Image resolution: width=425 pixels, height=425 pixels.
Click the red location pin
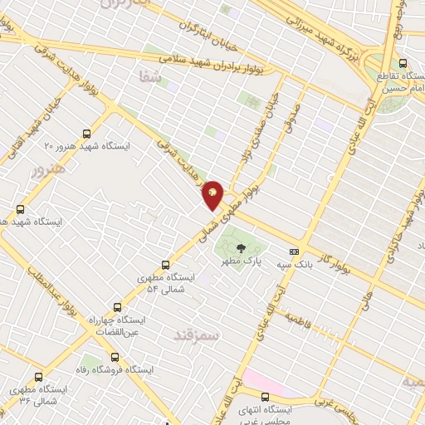(x=213, y=195)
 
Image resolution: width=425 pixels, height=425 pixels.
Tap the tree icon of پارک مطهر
(x=240, y=247)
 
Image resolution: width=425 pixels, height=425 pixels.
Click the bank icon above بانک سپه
(x=293, y=252)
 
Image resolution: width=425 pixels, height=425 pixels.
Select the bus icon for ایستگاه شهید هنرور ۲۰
(x=87, y=133)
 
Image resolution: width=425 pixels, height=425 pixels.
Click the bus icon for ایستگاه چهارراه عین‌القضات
(x=117, y=305)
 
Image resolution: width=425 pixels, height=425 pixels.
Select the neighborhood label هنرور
(x=47, y=172)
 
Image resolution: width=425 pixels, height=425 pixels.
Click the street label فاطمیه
(x=297, y=321)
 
